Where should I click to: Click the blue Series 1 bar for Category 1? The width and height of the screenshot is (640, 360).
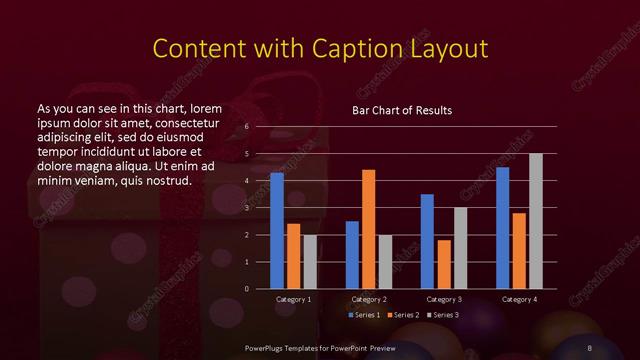click(x=277, y=231)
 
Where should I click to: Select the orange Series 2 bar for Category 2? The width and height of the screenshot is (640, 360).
click(x=368, y=229)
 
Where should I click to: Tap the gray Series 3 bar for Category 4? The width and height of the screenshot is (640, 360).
click(x=536, y=221)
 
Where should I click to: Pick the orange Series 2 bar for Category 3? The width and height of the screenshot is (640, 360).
click(x=443, y=264)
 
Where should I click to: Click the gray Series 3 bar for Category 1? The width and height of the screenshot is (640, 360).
click(x=310, y=262)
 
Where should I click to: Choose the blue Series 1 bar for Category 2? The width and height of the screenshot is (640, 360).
click(x=352, y=255)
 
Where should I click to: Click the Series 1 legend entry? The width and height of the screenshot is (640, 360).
click(x=363, y=316)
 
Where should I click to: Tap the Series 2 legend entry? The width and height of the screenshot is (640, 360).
click(x=404, y=316)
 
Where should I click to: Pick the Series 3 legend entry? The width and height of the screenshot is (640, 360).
click(x=444, y=316)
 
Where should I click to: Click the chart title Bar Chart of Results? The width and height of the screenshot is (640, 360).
click(x=402, y=110)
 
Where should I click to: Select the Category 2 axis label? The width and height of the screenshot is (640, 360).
click(x=369, y=299)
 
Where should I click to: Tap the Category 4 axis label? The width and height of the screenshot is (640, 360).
click(x=519, y=299)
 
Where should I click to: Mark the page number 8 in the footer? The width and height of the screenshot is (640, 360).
click(x=590, y=346)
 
